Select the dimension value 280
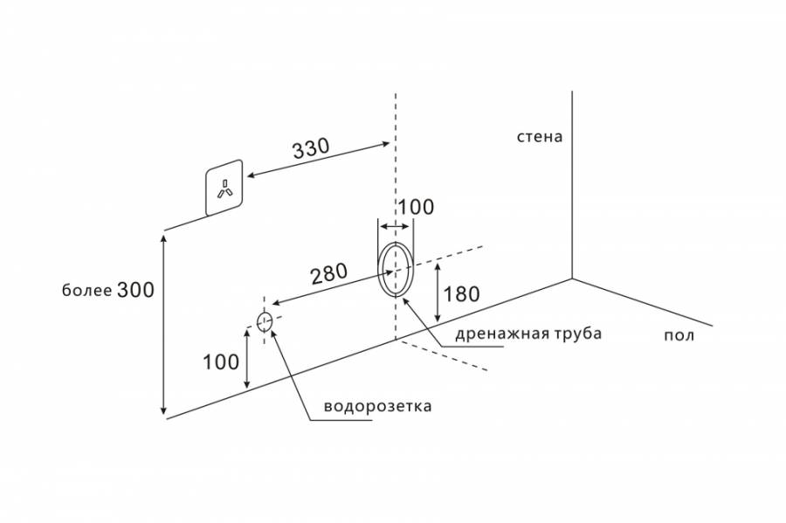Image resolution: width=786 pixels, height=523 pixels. pyautogui.click(x=329, y=273)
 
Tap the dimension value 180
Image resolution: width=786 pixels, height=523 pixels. pyautogui.click(x=461, y=294)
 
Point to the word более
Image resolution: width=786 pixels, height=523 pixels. pyautogui.click(x=86, y=292)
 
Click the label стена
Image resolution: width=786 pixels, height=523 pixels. pyautogui.click(x=540, y=137)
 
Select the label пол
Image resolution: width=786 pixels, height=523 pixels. pyautogui.click(x=679, y=336)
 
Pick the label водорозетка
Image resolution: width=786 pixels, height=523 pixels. pyautogui.click(x=377, y=407)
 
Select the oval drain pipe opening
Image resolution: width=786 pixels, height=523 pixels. pyautogui.click(x=396, y=269)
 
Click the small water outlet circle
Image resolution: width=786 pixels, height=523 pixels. pyautogui.click(x=265, y=321)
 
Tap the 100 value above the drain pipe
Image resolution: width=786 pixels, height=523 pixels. pyautogui.click(x=416, y=208)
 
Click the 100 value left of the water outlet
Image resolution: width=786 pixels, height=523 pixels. pyautogui.click(x=222, y=361)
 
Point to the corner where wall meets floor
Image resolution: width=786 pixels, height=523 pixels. pyautogui.click(x=572, y=279)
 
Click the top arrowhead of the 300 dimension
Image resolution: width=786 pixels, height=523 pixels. pyautogui.click(x=163, y=234)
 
